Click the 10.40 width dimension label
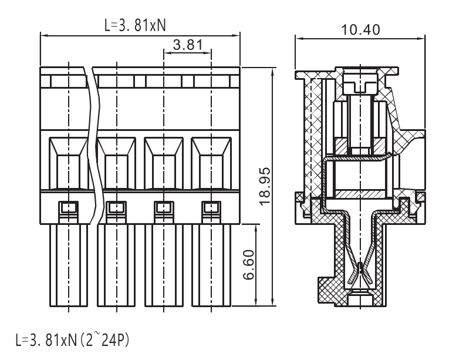click(x=360, y=30)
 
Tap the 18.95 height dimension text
click(x=265, y=187)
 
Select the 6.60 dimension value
click(x=249, y=265)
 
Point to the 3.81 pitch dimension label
click(x=188, y=45)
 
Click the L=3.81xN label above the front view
click(x=135, y=26)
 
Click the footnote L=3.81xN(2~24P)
click(x=72, y=340)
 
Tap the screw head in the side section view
click(x=360, y=84)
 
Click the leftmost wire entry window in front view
click(x=68, y=164)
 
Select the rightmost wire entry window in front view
click(x=211, y=164)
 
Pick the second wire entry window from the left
click(x=117, y=164)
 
